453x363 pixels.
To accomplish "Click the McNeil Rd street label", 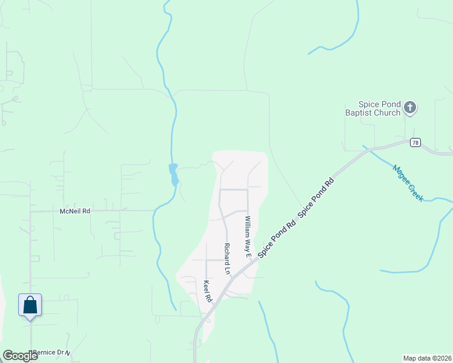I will tap(75, 211).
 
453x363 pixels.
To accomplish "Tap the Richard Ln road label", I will tap(227, 259).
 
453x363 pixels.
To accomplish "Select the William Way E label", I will tap(248, 237).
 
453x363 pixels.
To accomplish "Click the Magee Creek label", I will tap(408, 183).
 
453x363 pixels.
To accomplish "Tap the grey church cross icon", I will tap(410, 108).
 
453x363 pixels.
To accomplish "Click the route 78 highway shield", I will tap(414, 142).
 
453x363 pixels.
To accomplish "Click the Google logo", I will tap(20, 356).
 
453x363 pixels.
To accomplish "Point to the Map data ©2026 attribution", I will tap(427, 358).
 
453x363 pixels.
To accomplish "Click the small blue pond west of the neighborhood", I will tap(174, 174).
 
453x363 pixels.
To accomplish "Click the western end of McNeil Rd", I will tap(31, 211).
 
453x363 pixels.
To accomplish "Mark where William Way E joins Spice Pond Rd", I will tap(253, 259).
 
